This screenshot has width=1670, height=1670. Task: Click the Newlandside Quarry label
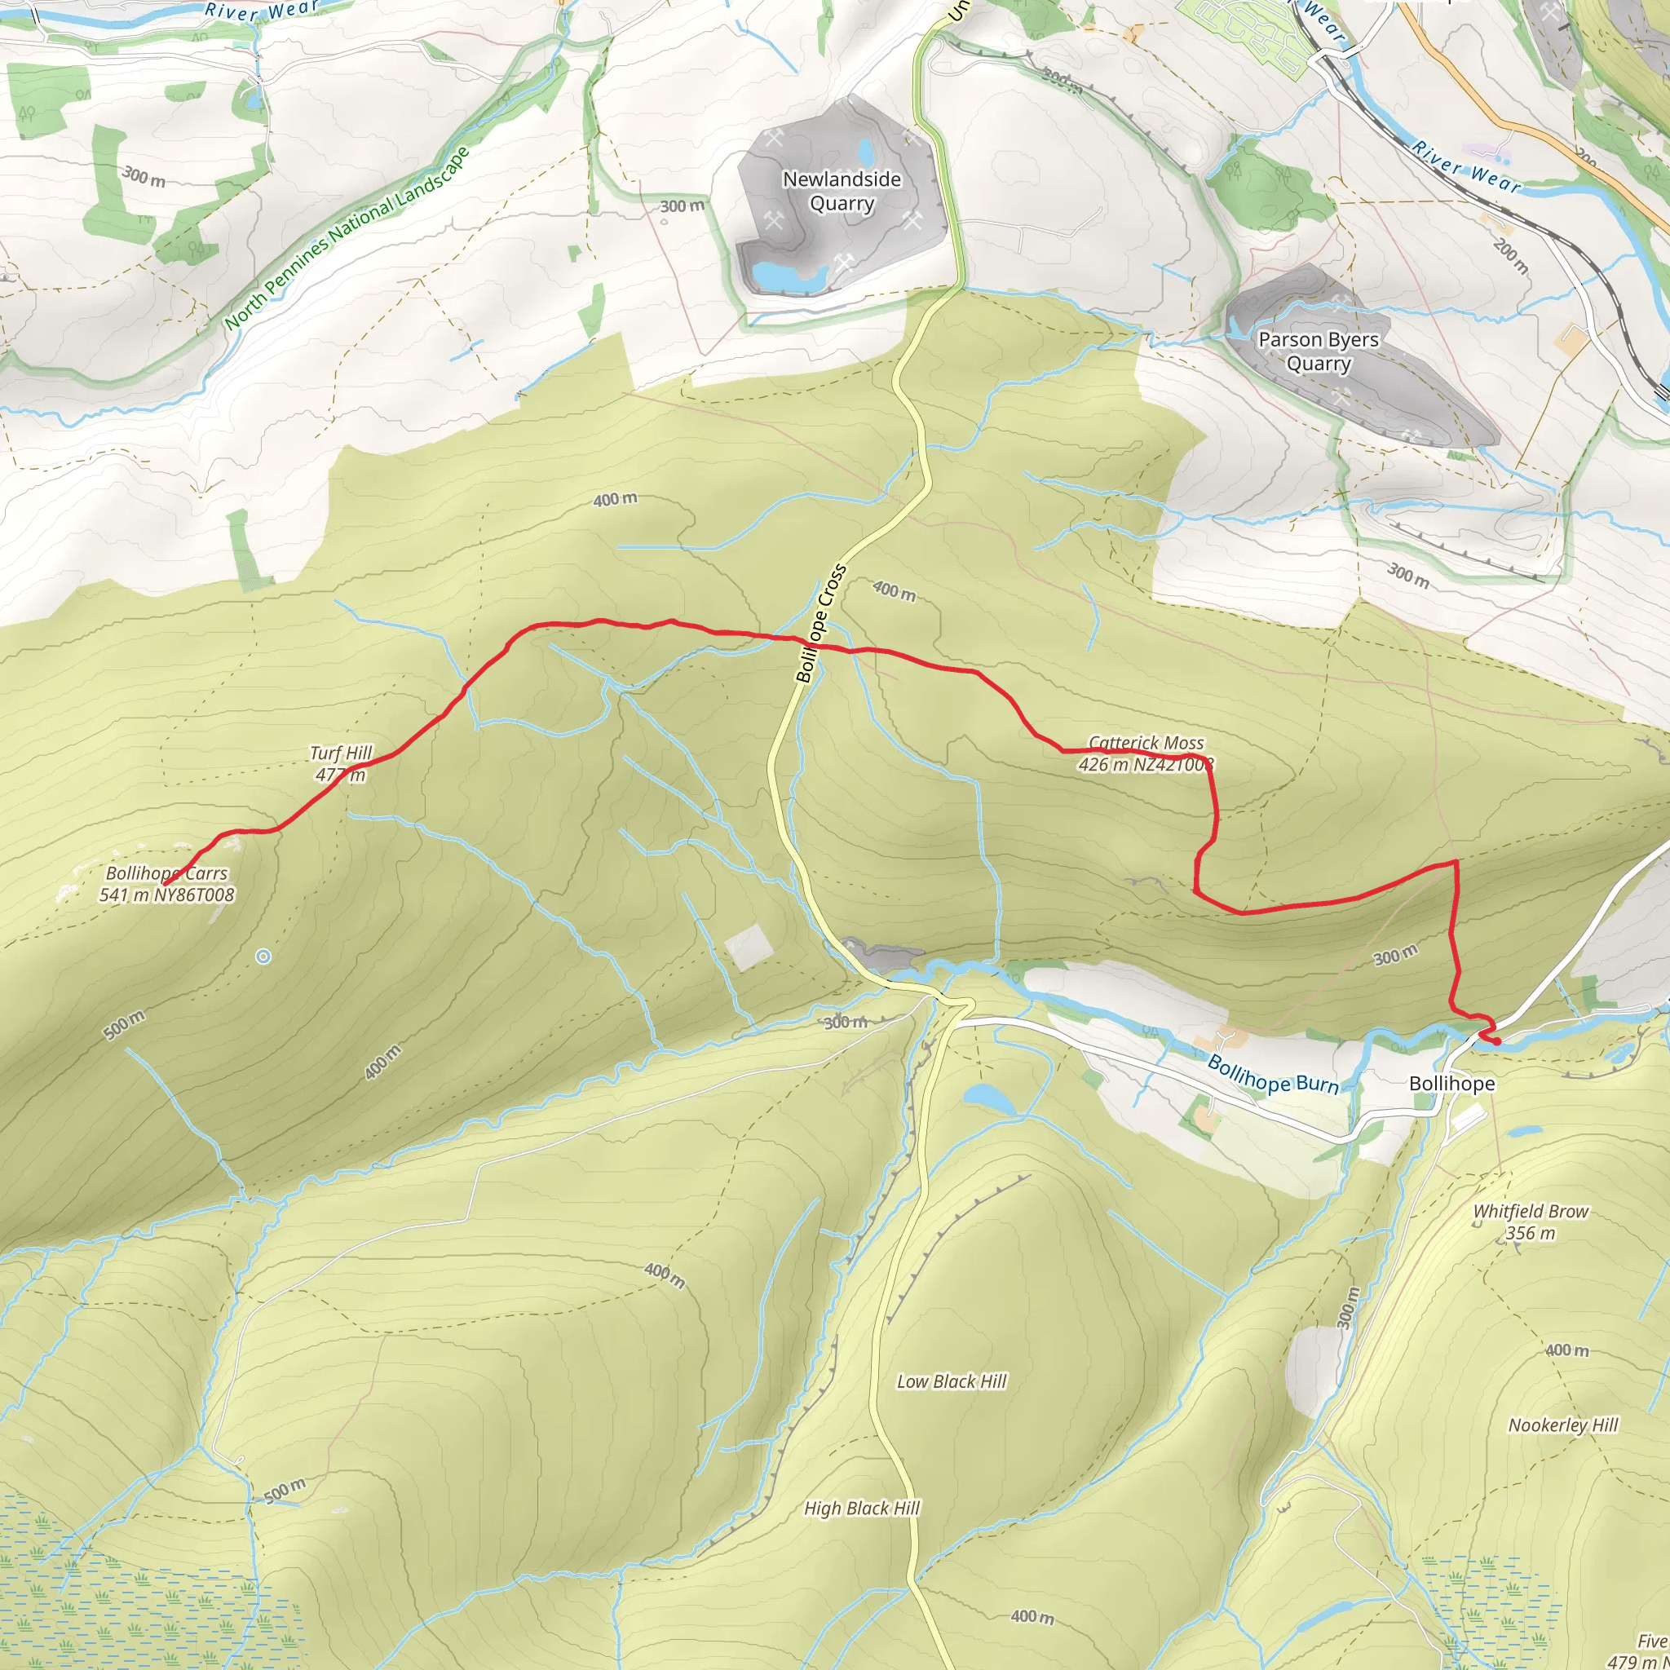point(841,191)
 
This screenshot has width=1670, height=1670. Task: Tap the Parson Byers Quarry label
point(1318,351)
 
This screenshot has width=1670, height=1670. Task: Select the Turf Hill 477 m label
point(341,763)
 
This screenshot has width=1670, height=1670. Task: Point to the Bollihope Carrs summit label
point(167,883)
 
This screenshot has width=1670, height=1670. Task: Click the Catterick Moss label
point(1146,753)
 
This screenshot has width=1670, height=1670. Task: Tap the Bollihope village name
point(1451,1083)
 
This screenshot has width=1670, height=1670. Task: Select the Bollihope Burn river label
point(1272,1075)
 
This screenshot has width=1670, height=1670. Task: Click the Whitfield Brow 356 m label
point(1530,1222)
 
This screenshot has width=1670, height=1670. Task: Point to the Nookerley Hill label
point(1563,1425)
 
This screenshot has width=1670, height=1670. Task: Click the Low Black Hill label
point(951,1381)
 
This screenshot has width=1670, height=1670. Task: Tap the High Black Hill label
point(862,1508)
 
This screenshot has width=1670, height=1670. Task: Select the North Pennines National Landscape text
point(346,239)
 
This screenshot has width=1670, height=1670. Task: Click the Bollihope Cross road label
point(820,622)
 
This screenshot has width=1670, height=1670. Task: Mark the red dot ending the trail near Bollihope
point(1496,1041)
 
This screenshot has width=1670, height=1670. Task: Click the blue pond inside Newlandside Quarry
point(786,276)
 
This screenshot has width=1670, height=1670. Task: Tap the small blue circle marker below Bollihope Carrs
point(263,956)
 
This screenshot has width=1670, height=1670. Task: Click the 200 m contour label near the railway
point(1510,256)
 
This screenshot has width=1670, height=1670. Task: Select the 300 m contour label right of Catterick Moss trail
point(1395,954)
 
